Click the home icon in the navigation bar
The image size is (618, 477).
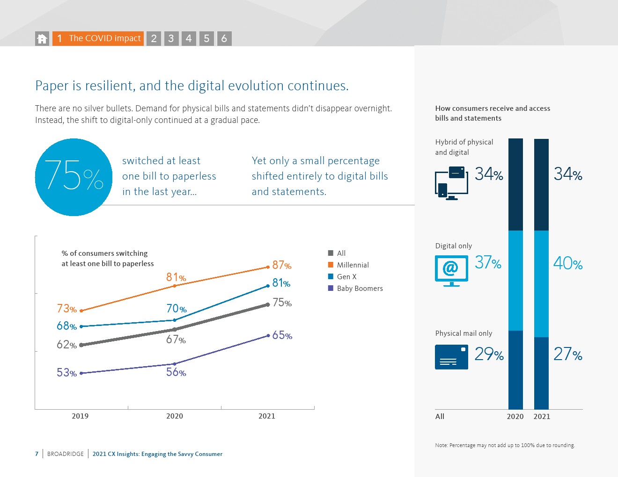[42, 39]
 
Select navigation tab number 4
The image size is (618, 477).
[189, 39]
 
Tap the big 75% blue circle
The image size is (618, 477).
[74, 177]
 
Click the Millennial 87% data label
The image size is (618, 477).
[282, 265]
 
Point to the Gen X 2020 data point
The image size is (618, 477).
[175, 320]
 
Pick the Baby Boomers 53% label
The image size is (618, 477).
[66, 373]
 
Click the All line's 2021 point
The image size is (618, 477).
[268, 304]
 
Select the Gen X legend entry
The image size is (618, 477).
[346, 277]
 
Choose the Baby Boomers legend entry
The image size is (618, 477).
[359, 289]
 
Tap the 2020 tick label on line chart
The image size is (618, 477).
[175, 416]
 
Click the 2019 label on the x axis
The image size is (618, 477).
[80, 416]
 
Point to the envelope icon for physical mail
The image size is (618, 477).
[451, 357]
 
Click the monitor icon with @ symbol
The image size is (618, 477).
[451, 270]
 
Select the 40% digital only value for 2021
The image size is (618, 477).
[568, 263]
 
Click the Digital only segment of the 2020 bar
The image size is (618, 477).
[515, 281]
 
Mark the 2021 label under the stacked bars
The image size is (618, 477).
[542, 417]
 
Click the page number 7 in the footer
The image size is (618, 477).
[37, 454]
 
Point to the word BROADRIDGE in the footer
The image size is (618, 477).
[66, 454]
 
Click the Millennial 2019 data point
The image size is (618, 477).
[81, 311]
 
